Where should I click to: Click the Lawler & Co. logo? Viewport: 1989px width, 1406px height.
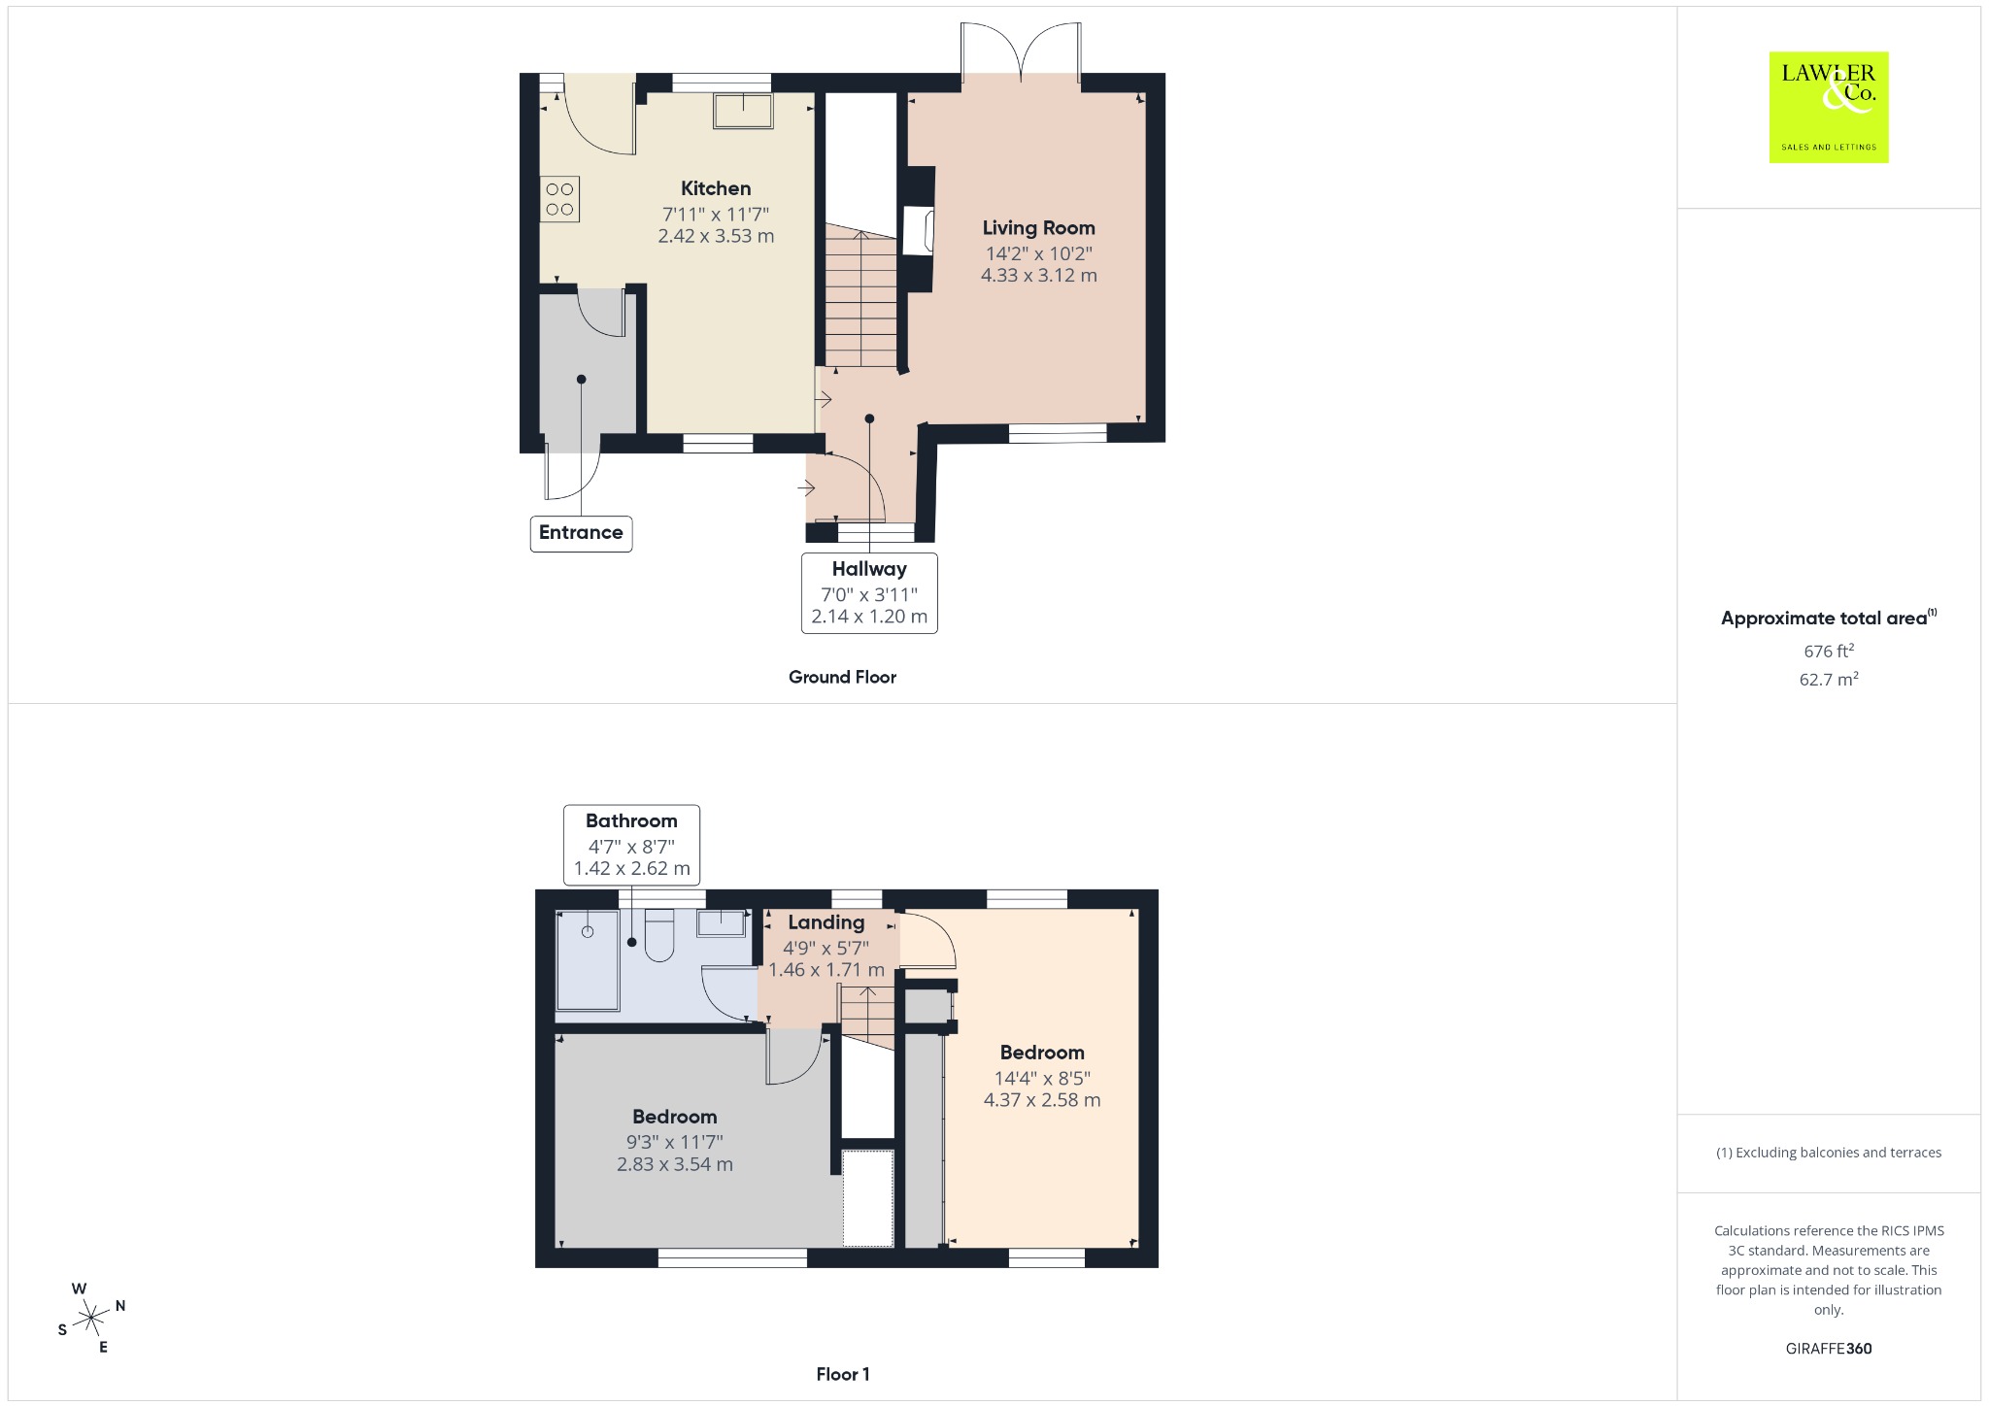click(x=1828, y=107)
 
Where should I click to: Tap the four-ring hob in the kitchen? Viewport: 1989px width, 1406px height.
click(x=559, y=199)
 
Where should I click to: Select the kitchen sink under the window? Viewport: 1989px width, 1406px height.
click(x=743, y=111)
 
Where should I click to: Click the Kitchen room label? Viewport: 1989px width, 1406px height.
click(x=716, y=188)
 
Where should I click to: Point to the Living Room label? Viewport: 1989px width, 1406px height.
click(x=1038, y=228)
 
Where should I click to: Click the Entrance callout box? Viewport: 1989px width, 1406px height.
click(x=581, y=533)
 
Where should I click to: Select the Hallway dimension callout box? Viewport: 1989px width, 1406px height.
click(x=869, y=593)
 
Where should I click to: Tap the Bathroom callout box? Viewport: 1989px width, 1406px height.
click(x=631, y=845)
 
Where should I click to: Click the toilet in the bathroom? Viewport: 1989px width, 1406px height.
click(x=659, y=935)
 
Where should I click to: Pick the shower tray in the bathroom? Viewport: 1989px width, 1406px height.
click(x=588, y=960)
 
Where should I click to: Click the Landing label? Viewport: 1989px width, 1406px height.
click(x=826, y=922)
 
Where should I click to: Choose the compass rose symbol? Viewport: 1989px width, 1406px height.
click(x=91, y=1318)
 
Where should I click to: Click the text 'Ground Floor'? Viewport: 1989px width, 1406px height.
click(x=842, y=677)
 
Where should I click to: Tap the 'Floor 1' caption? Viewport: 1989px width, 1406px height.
click(x=843, y=1374)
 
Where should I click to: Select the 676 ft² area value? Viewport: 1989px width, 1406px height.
click(x=1829, y=651)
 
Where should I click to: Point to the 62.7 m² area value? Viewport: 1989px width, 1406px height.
click(x=1829, y=679)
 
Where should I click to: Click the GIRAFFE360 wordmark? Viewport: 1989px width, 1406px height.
click(x=1829, y=1349)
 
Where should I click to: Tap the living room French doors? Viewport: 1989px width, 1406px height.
click(x=1021, y=51)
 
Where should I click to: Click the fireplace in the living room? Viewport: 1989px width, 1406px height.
click(x=918, y=230)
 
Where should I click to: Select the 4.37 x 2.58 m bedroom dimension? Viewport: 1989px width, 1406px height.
click(x=1042, y=1100)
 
